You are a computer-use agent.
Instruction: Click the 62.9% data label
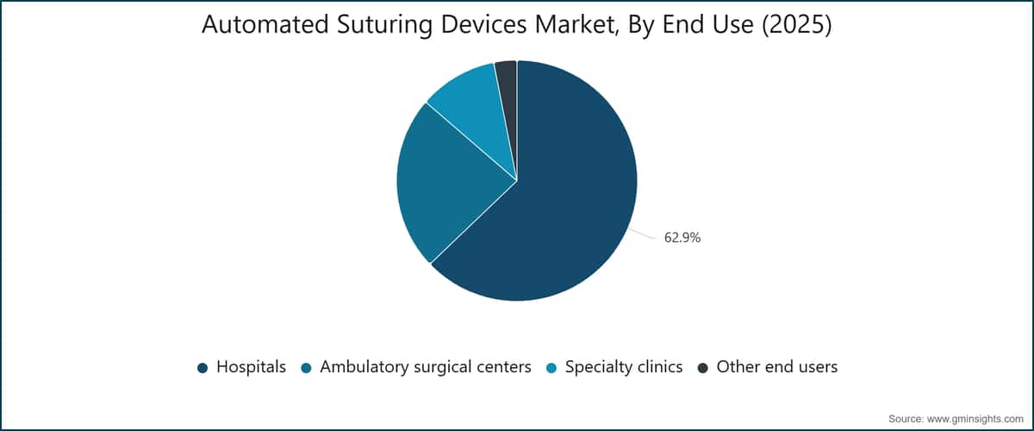(682, 237)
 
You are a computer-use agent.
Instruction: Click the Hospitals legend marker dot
(202, 368)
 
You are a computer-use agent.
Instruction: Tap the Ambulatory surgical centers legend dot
(306, 368)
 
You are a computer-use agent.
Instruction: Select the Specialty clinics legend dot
(551, 368)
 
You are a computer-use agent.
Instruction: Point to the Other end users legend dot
(702, 368)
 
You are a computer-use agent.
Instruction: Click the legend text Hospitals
(251, 367)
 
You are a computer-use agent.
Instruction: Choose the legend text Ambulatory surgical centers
(426, 367)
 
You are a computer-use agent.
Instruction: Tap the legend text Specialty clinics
(624, 367)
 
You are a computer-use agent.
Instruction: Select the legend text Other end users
(777, 367)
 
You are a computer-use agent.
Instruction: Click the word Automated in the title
(265, 24)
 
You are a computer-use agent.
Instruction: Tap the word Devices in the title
(483, 24)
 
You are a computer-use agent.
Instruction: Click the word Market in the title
(577, 25)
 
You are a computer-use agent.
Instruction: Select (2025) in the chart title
(796, 25)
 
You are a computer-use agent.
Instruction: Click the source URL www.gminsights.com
(975, 419)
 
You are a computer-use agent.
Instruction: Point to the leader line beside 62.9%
(642, 234)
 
